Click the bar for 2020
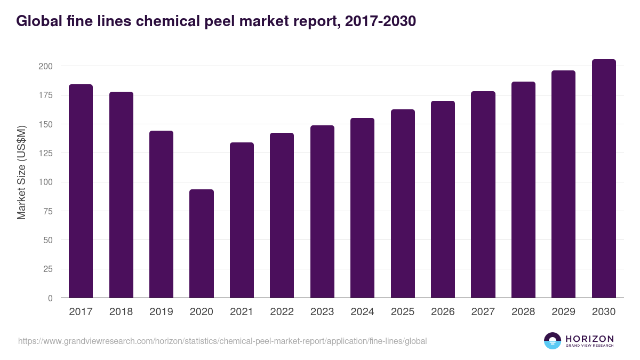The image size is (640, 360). (202, 244)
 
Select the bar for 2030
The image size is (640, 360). (604, 179)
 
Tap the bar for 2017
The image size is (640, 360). (81, 191)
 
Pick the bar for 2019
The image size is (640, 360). (161, 214)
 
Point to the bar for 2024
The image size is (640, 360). (362, 208)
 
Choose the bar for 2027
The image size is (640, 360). (483, 195)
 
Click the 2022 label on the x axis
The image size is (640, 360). (282, 312)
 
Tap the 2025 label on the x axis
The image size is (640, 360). (402, 312)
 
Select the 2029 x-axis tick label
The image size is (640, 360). (563, 312)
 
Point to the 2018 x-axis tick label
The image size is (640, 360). (121, 312)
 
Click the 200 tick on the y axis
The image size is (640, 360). (45, 66)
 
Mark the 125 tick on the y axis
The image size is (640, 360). (45, 153)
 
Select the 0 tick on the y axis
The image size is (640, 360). (50, 298)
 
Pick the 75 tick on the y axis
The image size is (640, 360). (47, 211)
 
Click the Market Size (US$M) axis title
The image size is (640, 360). (21, 172)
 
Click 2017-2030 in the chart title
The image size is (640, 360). (380, 21)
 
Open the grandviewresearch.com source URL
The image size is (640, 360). (222, 341)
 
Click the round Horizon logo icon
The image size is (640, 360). (553, 341)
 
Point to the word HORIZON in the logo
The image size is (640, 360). (589, 339)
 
